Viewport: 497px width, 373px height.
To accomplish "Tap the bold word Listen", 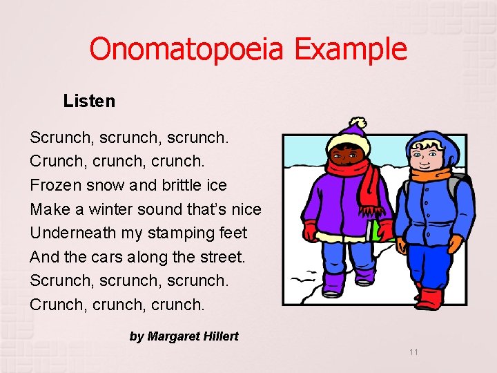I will (x=89, y=101).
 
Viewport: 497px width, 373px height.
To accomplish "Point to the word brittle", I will (x=182, y=185).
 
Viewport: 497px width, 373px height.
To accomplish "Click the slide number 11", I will (x=413, y=352).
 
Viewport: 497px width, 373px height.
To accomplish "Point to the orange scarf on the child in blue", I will (x=431, y=173).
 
